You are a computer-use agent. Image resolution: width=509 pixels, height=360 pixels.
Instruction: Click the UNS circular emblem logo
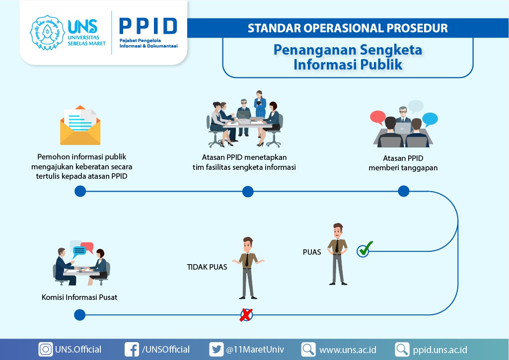point(47,32)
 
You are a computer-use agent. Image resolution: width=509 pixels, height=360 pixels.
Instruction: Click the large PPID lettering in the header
point(148,26)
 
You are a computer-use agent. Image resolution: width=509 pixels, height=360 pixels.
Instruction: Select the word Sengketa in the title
point(391,50)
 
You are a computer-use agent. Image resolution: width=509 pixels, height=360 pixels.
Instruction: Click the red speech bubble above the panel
point(378,117)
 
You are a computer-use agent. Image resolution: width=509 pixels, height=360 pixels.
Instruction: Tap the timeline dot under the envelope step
point(80,192)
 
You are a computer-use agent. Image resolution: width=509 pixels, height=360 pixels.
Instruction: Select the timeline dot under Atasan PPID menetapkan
point(248,192)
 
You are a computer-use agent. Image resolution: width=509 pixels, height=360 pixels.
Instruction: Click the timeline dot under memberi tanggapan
point(404,191)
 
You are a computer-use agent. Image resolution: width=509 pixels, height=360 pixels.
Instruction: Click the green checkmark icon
point(364,249)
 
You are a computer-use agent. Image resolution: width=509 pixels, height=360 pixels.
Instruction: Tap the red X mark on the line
point(246,315)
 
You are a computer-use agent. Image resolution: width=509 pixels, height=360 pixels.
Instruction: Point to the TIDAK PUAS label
point(207,267)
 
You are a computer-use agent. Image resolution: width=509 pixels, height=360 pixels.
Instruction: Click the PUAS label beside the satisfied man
point(312,252)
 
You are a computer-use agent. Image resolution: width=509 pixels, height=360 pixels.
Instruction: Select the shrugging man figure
point(248,268)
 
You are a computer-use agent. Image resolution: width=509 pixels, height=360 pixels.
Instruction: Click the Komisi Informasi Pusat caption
point(79,297)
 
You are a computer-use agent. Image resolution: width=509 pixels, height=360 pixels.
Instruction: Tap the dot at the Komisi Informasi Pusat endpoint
point(80,315)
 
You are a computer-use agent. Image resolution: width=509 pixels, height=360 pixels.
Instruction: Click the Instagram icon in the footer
point(46,350)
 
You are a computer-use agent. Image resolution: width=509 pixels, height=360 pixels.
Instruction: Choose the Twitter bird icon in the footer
point(216,350)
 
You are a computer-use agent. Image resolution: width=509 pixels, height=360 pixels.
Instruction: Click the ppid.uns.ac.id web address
point(440,350)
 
